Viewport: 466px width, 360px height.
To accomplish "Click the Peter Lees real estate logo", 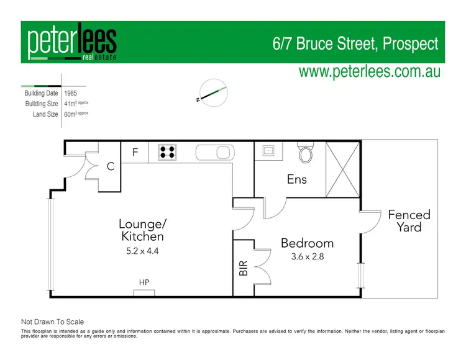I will coord(71,44).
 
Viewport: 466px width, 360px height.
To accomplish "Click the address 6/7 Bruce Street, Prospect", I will coord(355,44).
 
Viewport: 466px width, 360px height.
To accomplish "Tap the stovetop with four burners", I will coord(166,152).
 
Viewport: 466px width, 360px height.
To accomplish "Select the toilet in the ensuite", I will coord(306,153).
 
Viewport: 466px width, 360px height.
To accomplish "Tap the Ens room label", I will coord(296,179).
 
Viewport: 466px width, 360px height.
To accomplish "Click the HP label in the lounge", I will coord(144,282).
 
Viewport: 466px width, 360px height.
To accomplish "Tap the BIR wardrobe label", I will coord(243,268).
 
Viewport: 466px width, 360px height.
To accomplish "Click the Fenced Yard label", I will coord(409,221).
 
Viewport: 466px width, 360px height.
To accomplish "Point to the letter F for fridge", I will coord(134,151).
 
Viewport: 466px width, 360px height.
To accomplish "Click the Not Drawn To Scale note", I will coord(52,322).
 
